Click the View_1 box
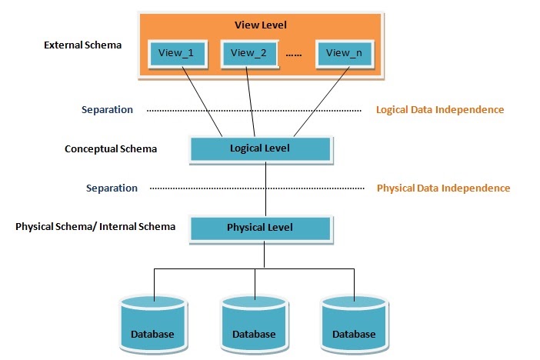(x=177, y=52)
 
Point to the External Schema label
(x=83, y=45)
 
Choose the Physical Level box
(x=260, y=228)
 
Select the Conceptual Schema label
(x=111, y=148)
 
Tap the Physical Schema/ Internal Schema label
(x=95, y=227)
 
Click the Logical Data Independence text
(x=440, y=110)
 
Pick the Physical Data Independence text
(x=443, y=188)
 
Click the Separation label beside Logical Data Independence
(x=108, y=110)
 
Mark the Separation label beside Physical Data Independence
(x=112, y=188)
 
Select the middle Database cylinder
(x=254, y=323)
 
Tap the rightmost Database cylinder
(x=354, y=323)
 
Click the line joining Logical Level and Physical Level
(x=264, y=188)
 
